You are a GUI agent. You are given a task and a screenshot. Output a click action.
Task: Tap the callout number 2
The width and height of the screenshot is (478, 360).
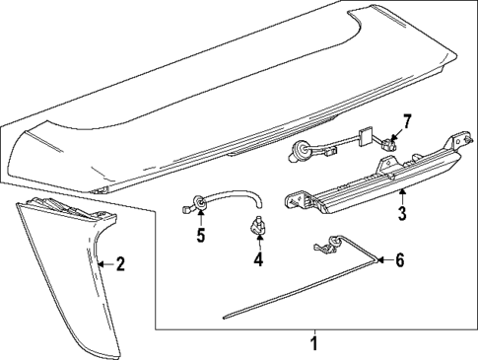coord(121,264)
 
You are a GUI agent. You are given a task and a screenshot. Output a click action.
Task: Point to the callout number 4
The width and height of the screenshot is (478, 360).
coord(258,258)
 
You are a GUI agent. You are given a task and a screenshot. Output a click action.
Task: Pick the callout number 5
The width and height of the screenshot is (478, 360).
coord(201,235)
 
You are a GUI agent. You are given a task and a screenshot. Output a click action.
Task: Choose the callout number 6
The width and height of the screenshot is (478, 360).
coord(399,260)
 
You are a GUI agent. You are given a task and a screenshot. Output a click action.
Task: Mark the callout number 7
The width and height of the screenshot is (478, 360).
coord(407,122)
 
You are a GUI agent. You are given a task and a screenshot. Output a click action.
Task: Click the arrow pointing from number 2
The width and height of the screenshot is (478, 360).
coord(106,264)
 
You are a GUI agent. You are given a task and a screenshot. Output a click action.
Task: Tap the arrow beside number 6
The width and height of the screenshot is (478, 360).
coord(383,260)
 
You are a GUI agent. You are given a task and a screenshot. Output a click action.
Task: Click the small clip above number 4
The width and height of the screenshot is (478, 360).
coord(258,227)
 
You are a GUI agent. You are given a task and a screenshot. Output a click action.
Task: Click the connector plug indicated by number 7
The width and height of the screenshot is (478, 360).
coord(387,143)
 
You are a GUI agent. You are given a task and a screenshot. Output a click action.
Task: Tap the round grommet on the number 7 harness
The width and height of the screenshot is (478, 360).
coord(299,150)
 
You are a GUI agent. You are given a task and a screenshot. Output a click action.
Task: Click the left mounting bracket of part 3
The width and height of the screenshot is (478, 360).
coord(297,201)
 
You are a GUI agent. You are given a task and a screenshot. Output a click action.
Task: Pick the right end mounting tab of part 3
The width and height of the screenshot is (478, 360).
coord(461,141)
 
